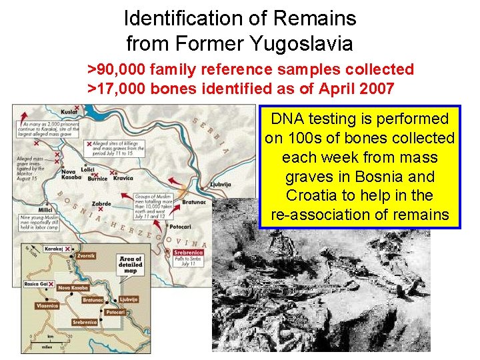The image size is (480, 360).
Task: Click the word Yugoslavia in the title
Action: pos(301,44)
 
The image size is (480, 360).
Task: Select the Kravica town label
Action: pos(123,178)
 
